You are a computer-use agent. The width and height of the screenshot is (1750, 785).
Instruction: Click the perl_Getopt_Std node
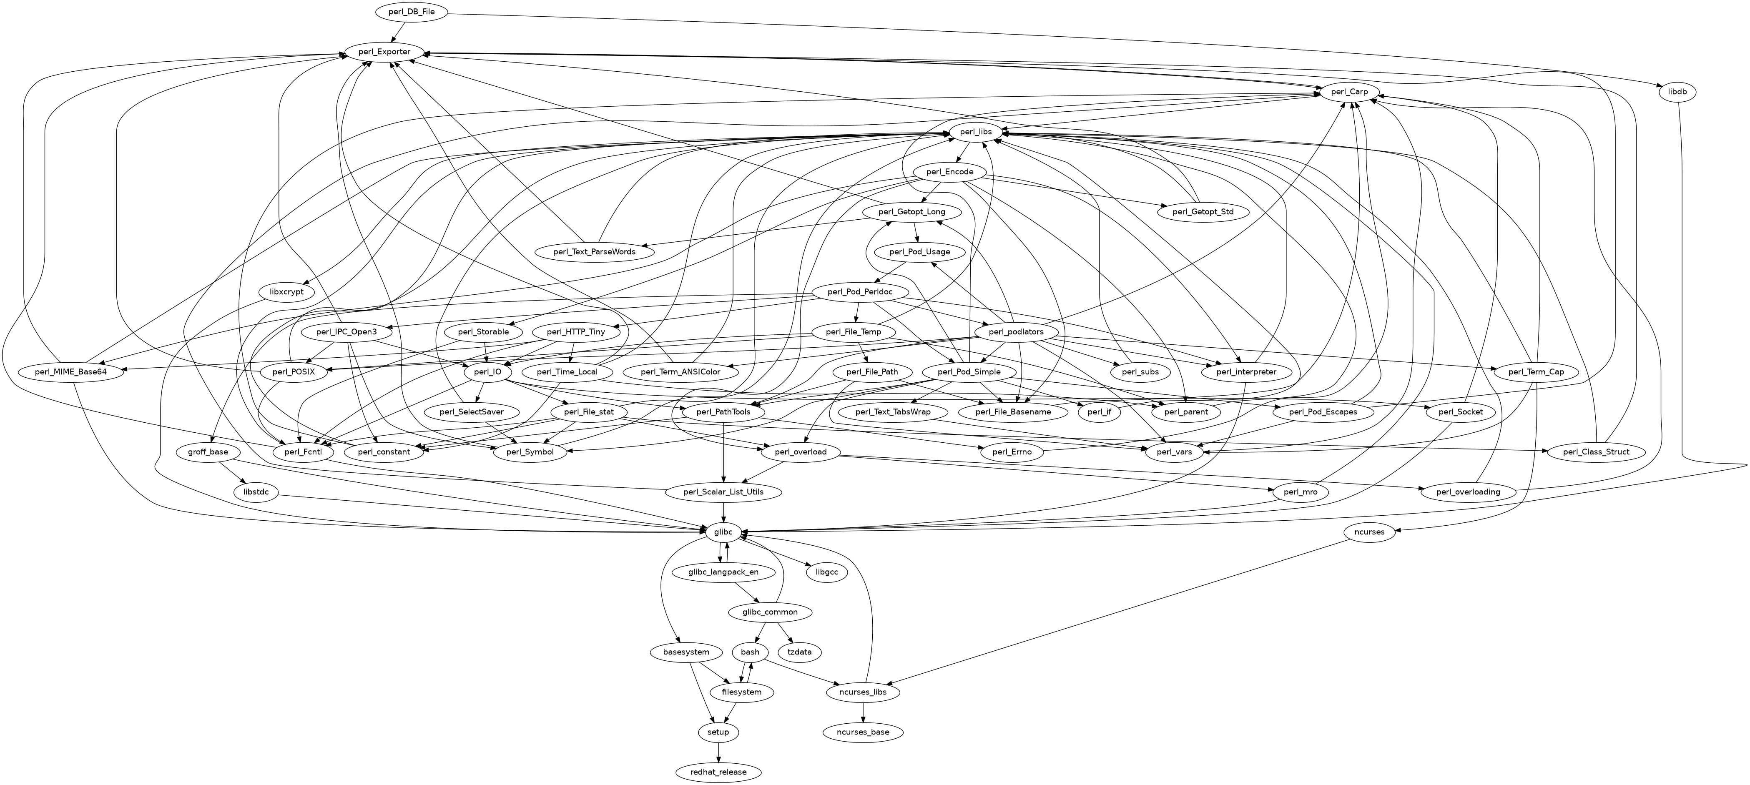point(1203,212)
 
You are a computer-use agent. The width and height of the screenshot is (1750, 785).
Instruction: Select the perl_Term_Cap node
point(1536,372)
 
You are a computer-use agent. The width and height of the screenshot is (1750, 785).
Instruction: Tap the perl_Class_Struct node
point(1594,451)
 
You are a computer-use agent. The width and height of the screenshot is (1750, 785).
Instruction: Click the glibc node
point(719,532)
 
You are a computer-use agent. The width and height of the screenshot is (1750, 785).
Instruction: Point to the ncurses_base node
point(863,732)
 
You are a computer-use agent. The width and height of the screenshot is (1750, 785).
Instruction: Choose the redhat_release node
point(719,772)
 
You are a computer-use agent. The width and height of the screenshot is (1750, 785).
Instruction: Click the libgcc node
point(827,572)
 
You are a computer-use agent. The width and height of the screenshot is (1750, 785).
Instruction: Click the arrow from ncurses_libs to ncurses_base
point(863,712)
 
